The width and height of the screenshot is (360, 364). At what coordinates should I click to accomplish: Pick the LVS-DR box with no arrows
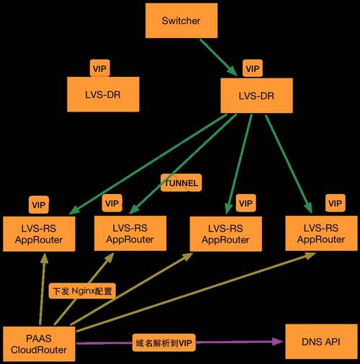pyautogui.click(x=102, y=94)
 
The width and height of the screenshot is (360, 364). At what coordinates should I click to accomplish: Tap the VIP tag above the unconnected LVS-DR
pyautogui.click(x=99, y=68)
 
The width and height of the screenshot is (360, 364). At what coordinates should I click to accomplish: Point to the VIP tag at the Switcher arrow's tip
pyautogui.click(x=252, y=69)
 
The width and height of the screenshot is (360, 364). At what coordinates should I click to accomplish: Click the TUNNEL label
pyautogui.click(x=181, y=183)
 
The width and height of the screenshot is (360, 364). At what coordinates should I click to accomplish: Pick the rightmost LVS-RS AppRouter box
pyautogui.click(x=320, y=233)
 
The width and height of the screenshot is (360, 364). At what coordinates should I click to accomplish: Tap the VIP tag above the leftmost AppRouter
pyautogui.click(x=39, y=204)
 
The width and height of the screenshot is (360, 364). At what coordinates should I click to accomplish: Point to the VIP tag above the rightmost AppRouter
pyautogui.click(x=336, y=204)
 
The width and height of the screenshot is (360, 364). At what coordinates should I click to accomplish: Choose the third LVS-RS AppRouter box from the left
pyautogui.click(x=225, y=233)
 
